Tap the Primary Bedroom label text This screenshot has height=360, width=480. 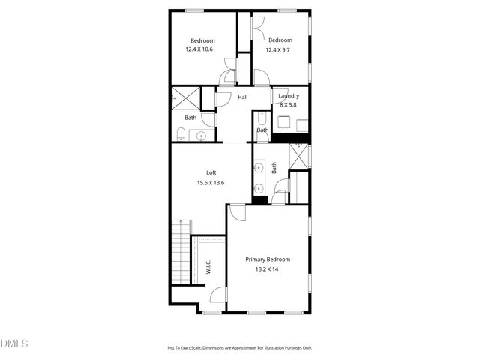pyautogui.click(x=268, y=259)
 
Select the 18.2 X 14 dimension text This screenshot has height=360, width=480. pyautogui.click(x=268, y=268)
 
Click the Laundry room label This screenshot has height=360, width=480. pyautogui.click(x=289, y=96)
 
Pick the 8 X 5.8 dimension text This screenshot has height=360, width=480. pyautogui.click(x=289, y=104)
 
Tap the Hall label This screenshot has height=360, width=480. pyautogui.click(x=243, y=97)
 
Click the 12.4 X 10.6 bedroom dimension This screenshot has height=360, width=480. pyautogui.click(x=199, y=49)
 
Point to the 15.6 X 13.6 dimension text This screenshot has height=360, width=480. pyautogui.click(x=211, y=182)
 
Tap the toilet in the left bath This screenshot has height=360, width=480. pyautogui.click(x=181, y=134)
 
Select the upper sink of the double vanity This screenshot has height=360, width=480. pyautogui.click(x=259, y=168)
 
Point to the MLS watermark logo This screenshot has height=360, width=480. pyautogui.click(x=15, y=343)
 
